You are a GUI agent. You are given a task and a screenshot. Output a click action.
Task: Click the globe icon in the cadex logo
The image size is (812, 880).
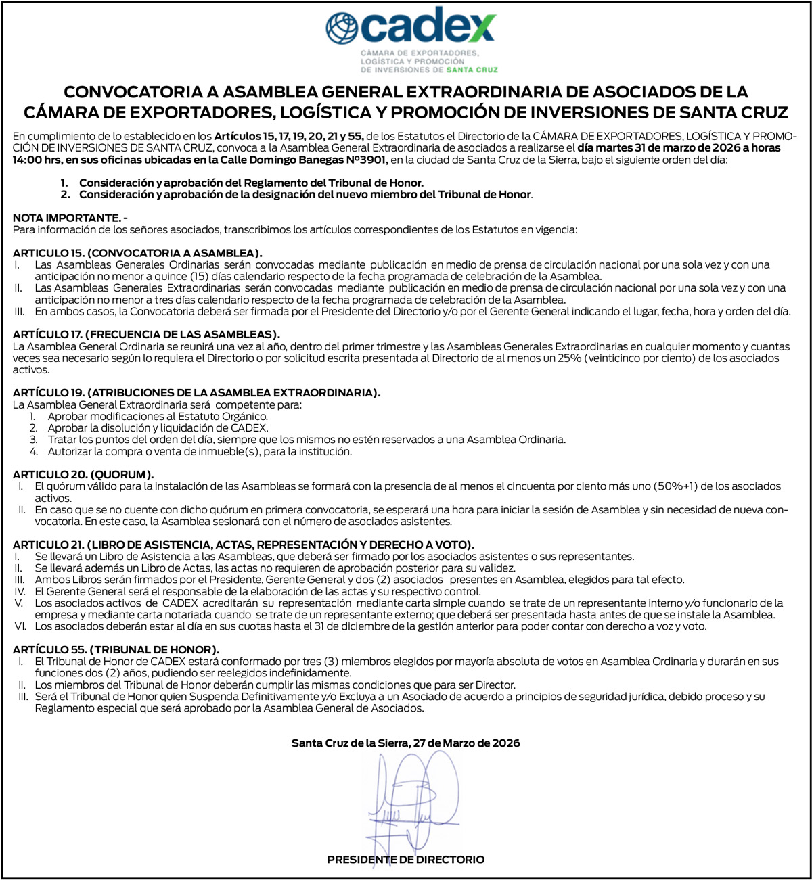341,28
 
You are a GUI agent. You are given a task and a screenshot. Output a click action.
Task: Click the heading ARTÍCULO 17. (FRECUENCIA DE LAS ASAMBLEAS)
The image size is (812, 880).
146,335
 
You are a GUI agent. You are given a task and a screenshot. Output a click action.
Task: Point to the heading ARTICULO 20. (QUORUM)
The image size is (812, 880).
83,474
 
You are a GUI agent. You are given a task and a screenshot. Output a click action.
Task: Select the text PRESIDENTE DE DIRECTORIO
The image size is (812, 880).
405,860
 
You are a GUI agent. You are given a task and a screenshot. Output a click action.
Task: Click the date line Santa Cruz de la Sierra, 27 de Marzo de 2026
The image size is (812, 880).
405,743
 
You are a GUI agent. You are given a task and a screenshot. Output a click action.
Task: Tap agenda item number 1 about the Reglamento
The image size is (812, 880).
250,183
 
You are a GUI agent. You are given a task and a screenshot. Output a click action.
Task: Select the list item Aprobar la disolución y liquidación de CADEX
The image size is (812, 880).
158,428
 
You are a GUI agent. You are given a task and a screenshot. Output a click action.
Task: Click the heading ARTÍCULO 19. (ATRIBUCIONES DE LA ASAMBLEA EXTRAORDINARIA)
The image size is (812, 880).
197,392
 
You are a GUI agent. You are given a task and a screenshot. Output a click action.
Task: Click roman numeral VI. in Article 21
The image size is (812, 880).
20,626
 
